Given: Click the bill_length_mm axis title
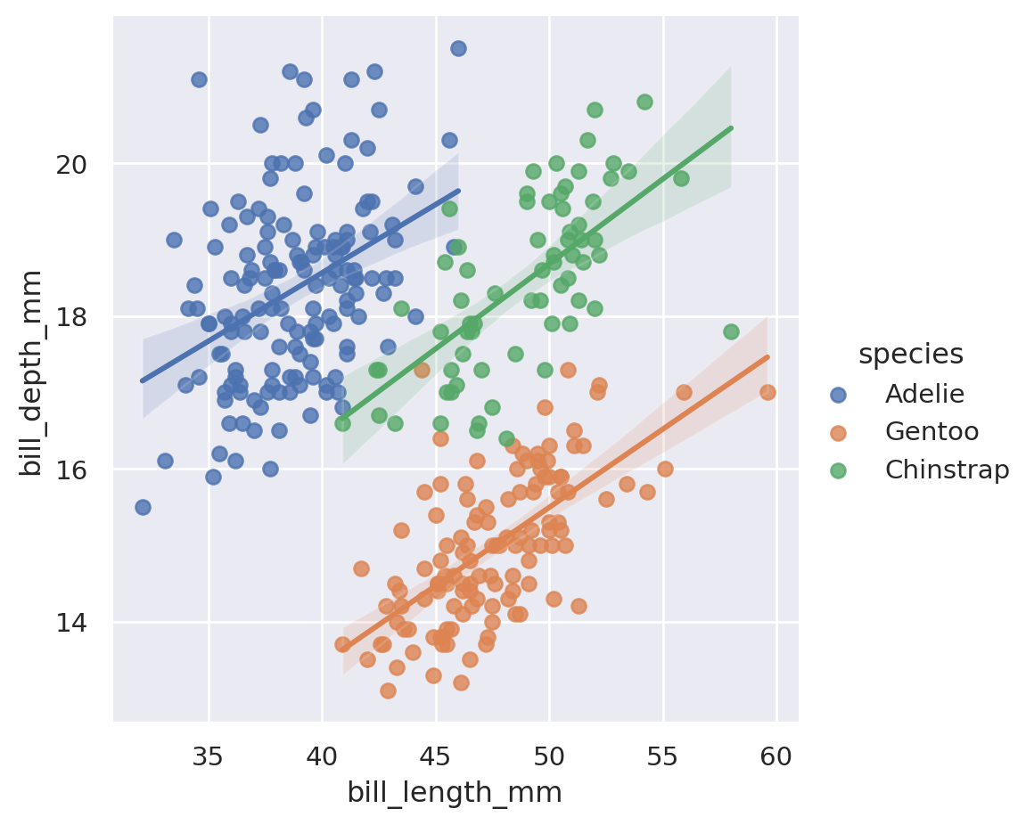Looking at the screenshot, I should [455, 792].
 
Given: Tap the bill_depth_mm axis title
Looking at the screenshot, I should [33, 372].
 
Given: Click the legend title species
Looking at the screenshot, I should [910, 355].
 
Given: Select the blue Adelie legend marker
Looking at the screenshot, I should [837, 393].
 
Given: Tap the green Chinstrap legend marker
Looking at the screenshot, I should [837, 470].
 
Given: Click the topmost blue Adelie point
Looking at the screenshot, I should [458, 48].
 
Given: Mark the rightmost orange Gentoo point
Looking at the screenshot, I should [767, 392].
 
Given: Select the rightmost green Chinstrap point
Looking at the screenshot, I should [731, 331].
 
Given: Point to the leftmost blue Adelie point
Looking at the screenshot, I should [143, 507].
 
